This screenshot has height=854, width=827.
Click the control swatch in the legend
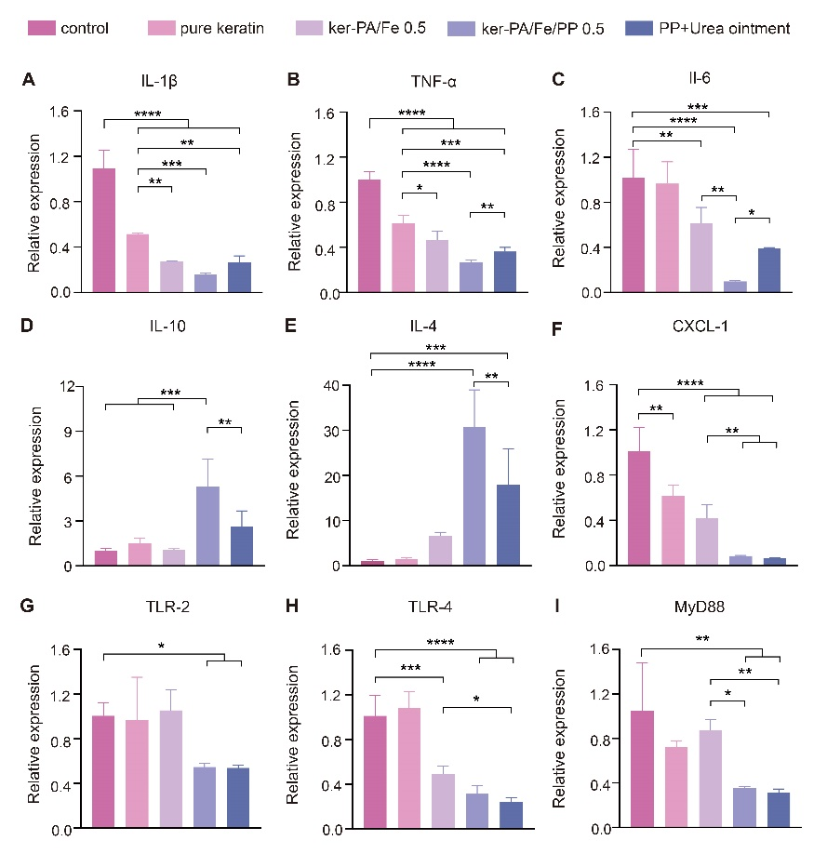pyautogui.click(x=35, y=28)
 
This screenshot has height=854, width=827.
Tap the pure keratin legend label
pyautogui.click(x=221, y=28)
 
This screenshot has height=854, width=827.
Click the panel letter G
pyautogui.click(x=29, y=615)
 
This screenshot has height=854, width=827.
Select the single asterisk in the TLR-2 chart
pyautogui.click(x=163, y=645)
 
